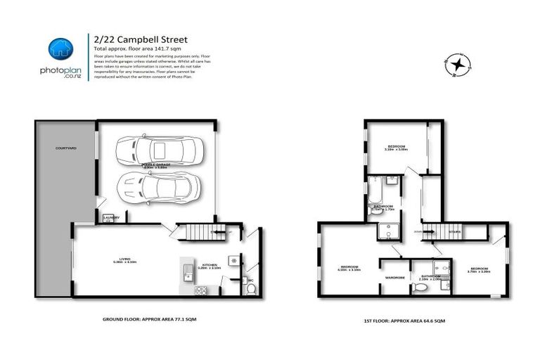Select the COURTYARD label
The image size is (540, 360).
[x=67, y=148]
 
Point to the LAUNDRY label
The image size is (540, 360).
[x=111, y=218]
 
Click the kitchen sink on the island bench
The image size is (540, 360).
[x=188, y=271]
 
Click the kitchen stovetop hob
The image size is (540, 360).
[x=199, y=290]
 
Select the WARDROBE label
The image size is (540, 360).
[x=394, y=277]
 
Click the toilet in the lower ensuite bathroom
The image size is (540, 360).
[x=421, y=287]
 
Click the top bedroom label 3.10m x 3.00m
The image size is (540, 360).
[x=397, y=148]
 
